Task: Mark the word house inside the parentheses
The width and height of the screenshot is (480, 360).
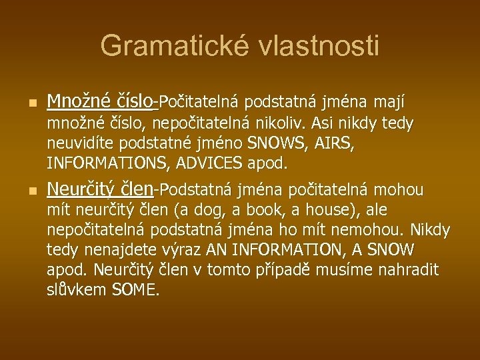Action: [x=335, y=211]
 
